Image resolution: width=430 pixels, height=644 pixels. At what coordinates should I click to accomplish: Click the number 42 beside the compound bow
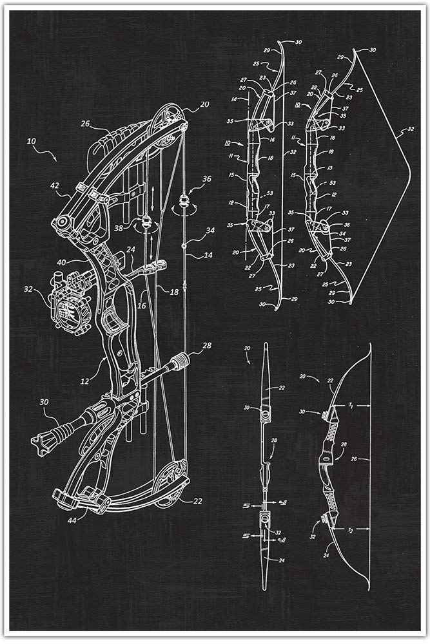55,185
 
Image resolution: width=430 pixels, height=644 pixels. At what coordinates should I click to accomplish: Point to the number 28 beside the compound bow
206,346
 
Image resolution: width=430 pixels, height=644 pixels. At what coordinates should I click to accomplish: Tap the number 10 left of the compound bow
32,139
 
